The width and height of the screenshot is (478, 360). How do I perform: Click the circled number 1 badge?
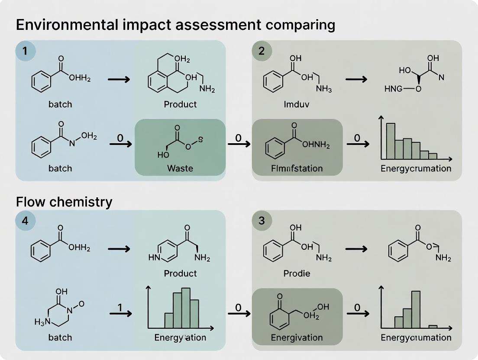click(x=25, y=51)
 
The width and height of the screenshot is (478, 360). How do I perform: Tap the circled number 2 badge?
click(x=261, y=51)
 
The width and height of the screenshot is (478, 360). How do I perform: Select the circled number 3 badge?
click(x=261, y=221)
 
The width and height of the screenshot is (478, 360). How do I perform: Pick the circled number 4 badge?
click(x=25, y=221)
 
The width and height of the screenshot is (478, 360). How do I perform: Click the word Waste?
click(x=180, y=168)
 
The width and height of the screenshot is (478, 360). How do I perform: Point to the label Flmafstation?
click(x=297, y=168)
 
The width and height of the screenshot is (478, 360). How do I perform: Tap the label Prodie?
click(x=297, y=273)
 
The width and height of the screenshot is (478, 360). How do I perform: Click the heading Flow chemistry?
click(x=64, y=202)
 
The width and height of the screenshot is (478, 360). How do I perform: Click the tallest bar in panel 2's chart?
click(x=391, y=141)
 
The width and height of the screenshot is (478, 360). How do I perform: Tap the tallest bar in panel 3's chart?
click(x=416, y=309)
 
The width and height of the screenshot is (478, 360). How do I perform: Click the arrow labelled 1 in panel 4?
click(x=121, y=312)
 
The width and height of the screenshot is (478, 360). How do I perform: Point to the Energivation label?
click(x=297, y=337)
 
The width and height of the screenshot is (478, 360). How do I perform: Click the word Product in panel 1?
click(x=180, y=104)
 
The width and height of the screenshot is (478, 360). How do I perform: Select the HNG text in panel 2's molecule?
click(x=393, y=89)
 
